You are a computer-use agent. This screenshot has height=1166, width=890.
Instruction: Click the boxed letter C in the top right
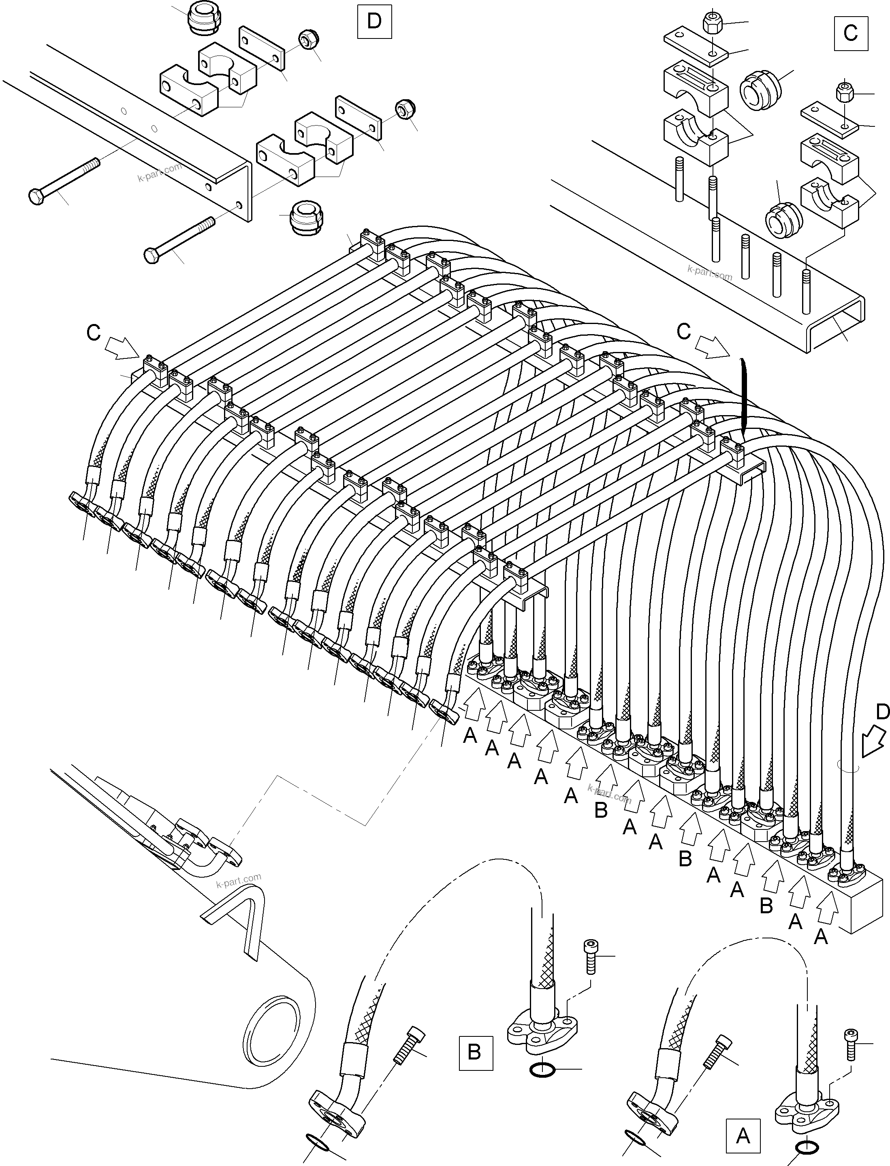point(850,33)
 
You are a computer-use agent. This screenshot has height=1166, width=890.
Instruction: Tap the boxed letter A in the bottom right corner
point(743,1136)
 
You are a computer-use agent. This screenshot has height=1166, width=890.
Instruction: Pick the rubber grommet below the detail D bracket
point(306,217)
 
